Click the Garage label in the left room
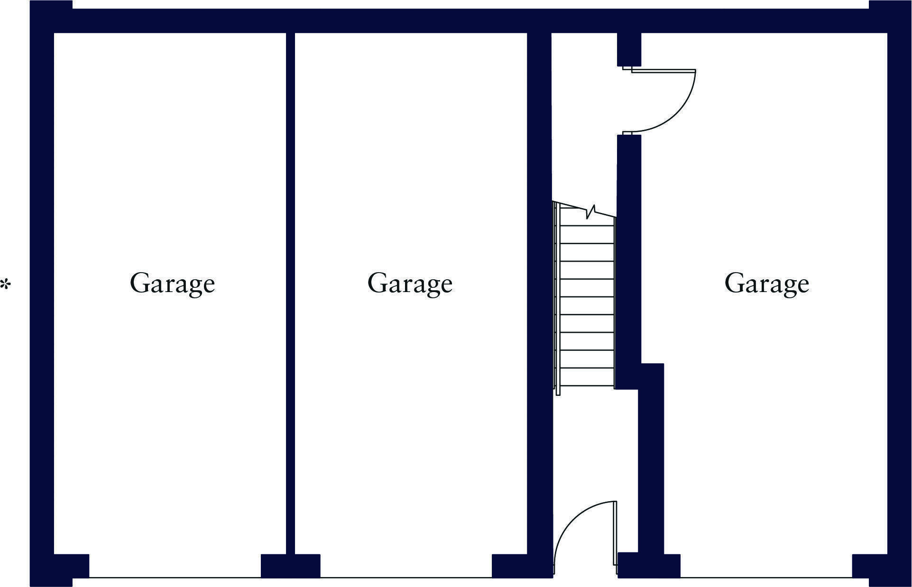[172, 283]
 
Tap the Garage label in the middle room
[410, 283]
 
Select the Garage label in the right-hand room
[766, 283]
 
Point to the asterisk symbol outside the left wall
[6, 285]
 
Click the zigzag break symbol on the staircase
[590, 212]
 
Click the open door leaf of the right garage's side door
[663, 70]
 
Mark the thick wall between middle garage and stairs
[539, 284]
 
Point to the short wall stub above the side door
[629, 49]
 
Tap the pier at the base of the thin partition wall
[290, 566]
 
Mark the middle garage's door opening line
[406, 577]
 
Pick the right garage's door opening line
[766, 577]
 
